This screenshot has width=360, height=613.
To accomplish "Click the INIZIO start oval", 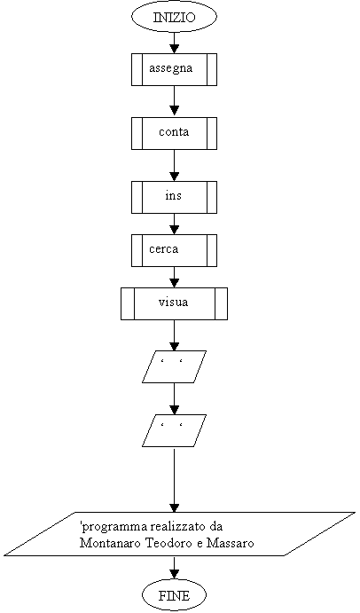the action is pos(174,17).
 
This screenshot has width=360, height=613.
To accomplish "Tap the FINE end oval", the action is pos(174,595).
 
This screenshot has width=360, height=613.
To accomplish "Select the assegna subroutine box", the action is pos(174,69).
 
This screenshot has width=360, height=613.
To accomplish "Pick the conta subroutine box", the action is pos(174,133).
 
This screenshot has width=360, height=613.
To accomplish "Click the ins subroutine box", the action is pos(174,197).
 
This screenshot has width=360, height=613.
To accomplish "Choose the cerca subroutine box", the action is pos(174,250).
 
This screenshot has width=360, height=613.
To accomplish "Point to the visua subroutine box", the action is pos(174,303).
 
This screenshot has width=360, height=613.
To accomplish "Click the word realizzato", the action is pos(178,527).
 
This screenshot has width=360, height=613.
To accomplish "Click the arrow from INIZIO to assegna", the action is pos(174,43).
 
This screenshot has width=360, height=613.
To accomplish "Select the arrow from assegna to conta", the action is pos(174,101).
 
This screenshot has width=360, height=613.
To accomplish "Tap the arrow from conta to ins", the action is pos(174,165).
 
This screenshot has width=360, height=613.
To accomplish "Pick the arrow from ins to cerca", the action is pos(174,224).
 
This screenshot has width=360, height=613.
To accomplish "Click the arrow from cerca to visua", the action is pos(174,277).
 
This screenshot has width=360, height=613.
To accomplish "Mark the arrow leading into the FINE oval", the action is pos(174,567).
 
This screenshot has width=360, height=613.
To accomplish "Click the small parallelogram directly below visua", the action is pos(174,366).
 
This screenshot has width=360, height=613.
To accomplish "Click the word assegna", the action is pos(171,68).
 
